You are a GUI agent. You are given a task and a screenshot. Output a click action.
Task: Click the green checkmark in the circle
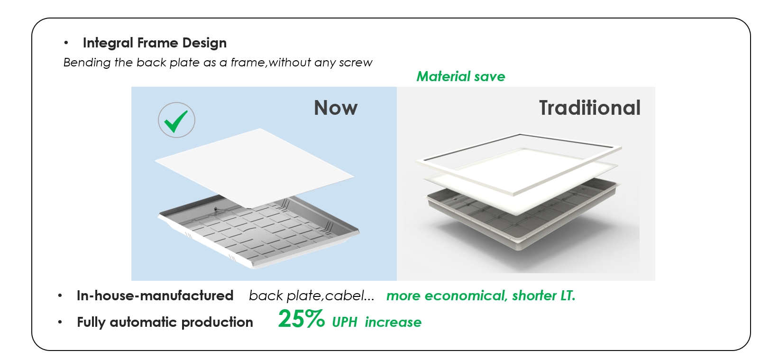[x=175, y=121]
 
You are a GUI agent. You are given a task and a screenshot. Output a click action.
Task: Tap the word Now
[x=336, y=108]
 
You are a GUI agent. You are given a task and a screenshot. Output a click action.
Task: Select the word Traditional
[x=590, y=108]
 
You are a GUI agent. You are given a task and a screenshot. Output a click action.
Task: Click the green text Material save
[x=461, y=76]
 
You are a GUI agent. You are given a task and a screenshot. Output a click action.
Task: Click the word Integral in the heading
[x=108, y=43]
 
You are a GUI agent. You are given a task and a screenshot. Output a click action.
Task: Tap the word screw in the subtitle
[x=356, y=63]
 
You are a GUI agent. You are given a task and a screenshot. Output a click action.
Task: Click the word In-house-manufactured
[x=155, y=295]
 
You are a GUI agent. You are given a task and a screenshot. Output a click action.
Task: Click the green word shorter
[x=534, y=295]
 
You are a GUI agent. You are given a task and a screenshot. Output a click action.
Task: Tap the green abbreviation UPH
[x=344, y=322]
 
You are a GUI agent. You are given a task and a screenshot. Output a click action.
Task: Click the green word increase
[x=393, y=322]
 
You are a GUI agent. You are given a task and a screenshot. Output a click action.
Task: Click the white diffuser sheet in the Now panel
[x=254, y=168]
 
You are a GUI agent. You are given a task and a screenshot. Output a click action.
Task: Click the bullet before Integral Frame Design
[x=66, y=43]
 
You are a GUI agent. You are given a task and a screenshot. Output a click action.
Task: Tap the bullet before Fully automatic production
[x=60, y=322]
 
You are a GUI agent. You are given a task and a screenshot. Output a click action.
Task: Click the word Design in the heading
[x=204, y=43]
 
